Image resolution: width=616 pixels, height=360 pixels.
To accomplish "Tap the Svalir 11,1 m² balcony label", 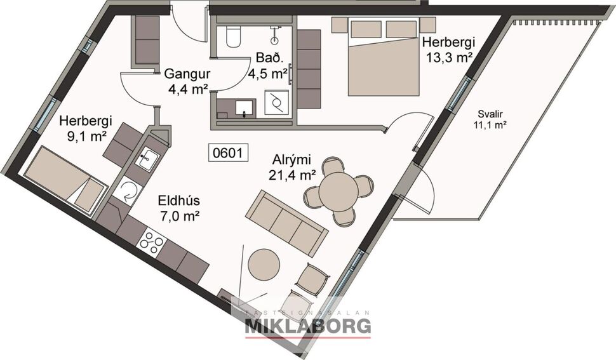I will [490, 120].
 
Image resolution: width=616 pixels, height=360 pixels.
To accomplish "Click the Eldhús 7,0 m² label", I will [179, 208].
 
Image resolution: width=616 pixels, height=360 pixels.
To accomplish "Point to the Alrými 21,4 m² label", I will [294, 165].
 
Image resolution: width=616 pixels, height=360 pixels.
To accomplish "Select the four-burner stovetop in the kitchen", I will [152, 242].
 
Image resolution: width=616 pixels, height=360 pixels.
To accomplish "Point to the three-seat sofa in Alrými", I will [287, 221].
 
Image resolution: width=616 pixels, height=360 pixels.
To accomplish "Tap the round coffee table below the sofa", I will [263, 264].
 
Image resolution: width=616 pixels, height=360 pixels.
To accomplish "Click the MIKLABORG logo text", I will [308, 326].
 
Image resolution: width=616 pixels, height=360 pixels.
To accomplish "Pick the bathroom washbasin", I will [245, 109].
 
